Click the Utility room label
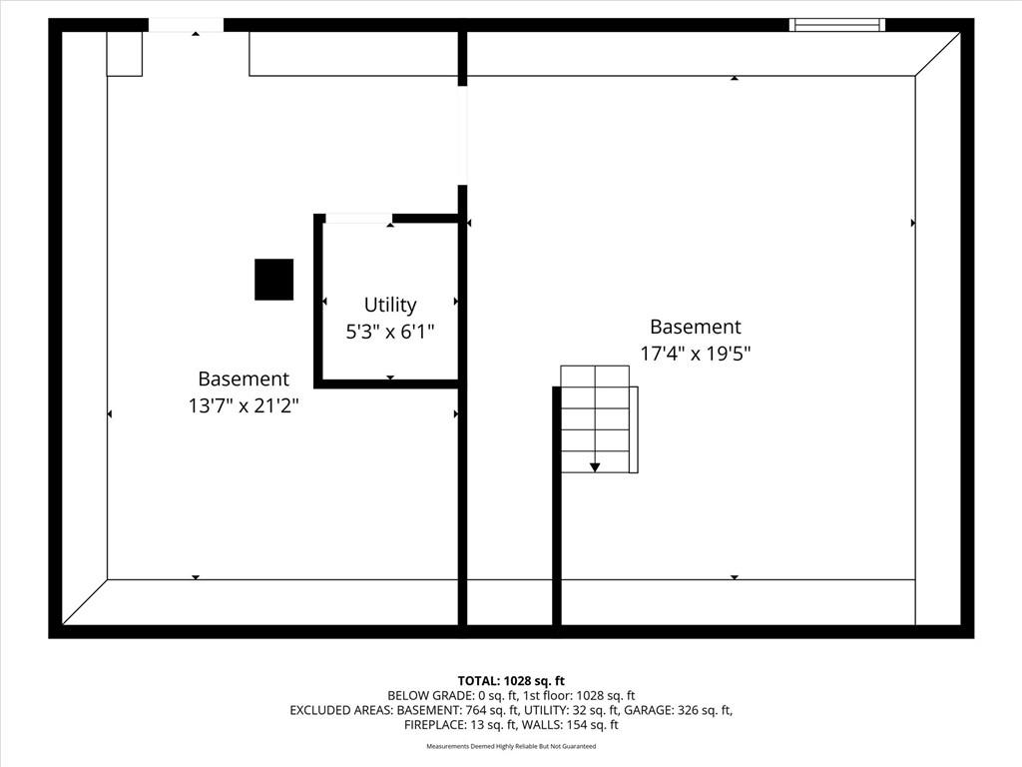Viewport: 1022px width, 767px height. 390,305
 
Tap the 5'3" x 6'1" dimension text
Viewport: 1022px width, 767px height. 390,332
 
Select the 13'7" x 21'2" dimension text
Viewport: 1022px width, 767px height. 244,405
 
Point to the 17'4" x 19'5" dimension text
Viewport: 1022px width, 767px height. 695,354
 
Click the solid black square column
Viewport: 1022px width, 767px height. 273,280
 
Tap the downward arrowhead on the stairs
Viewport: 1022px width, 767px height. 595,467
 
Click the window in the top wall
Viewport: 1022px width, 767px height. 837,25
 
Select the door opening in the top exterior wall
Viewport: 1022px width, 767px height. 187,25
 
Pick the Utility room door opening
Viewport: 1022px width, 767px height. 358,219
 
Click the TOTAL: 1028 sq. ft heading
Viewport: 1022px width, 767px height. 511,681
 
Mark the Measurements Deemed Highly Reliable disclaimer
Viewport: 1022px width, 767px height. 511,746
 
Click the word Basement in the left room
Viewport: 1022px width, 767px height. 244,379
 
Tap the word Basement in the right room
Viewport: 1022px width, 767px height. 696,327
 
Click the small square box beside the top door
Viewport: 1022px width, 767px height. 125,54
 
